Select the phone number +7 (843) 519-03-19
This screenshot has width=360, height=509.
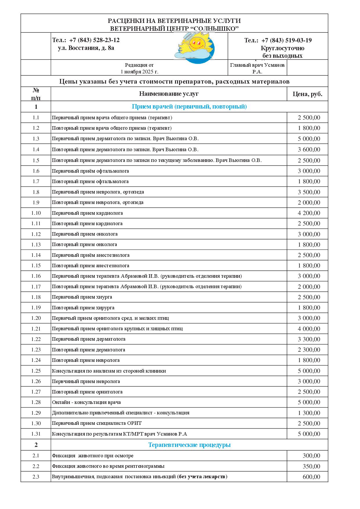click(286, 40)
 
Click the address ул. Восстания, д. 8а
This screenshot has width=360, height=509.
click(86, 48)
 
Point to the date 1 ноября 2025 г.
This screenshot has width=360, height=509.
click(139, 72)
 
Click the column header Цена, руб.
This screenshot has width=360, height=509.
click(307, 94)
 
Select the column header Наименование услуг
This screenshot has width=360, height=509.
click(169, 94)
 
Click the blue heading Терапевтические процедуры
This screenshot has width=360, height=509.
click(189, 445)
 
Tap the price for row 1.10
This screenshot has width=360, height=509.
click(309, 213)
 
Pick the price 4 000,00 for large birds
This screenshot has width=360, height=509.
click(309, 329)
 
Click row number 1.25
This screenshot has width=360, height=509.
click(36, 371)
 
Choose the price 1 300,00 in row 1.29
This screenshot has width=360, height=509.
click(309, 413)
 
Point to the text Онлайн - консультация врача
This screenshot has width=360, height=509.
click(86, 402)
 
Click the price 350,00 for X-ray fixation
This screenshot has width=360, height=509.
click(311, 466)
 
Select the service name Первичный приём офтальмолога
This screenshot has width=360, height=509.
click(90, 171)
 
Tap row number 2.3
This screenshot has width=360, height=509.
click(36, 477)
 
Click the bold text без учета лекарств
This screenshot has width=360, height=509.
click(202, 476)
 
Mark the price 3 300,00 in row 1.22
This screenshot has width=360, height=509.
click(309, 339)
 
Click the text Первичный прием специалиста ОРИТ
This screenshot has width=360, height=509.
click(97, 423)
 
